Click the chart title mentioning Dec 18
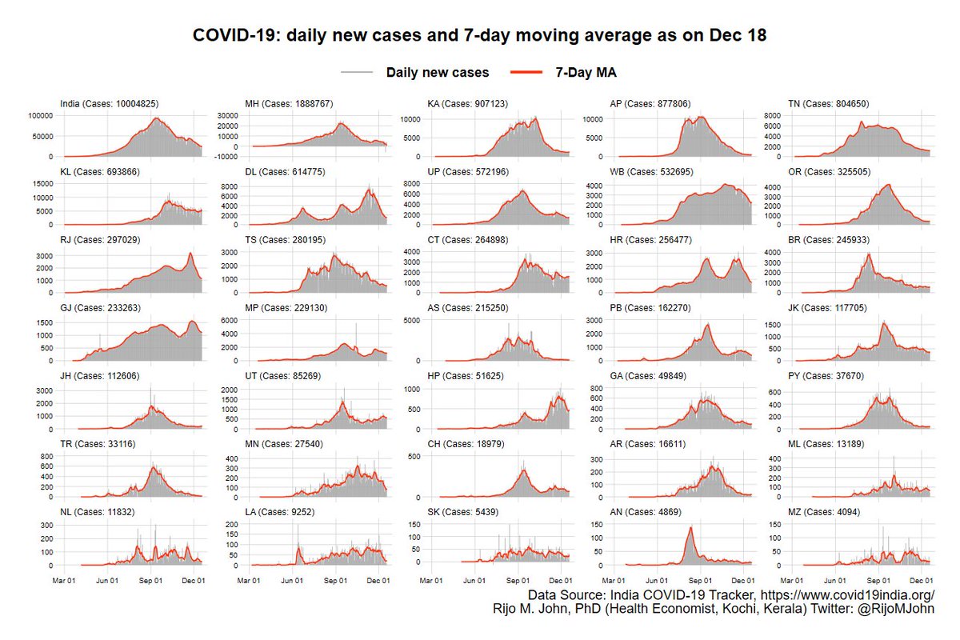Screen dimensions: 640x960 point(480,36)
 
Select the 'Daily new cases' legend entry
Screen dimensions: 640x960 point(437,72)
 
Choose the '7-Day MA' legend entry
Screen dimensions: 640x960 point(586,72)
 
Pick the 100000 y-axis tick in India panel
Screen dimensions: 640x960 point(38,115)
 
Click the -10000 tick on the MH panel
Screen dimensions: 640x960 point(226,157)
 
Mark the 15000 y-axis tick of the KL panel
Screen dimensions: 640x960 point(41,183)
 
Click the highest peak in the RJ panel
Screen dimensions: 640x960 point(190,254)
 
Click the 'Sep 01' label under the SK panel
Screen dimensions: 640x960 point(519,580)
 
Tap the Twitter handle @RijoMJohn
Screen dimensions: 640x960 point(900,609)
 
